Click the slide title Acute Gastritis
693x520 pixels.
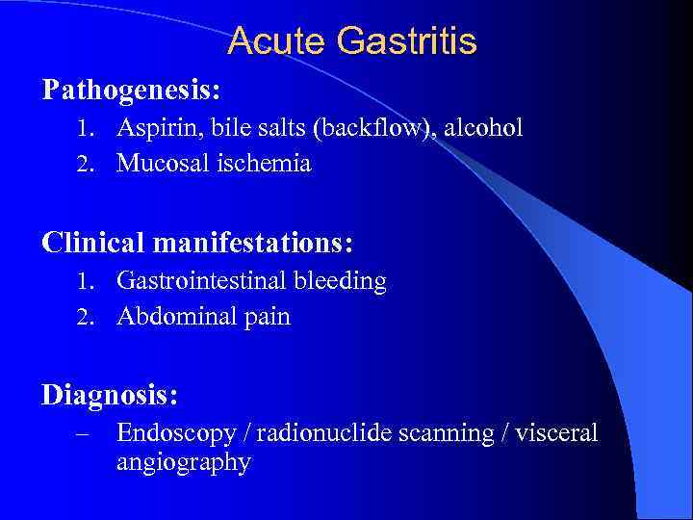(352, 41)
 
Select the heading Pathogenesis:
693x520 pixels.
(132, 91)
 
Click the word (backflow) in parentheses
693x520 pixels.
(385, 128)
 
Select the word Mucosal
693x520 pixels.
(159, 164)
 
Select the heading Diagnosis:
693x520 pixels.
(111, 395)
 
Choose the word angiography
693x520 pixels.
(184, 462)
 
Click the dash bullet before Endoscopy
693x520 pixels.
(83, 434)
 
